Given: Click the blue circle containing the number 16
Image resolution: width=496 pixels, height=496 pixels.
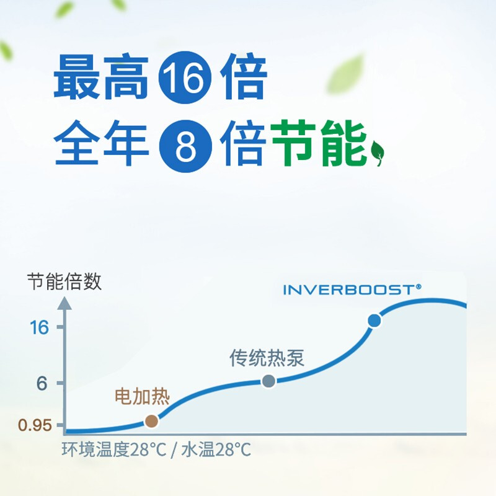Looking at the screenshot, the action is pos(185,77).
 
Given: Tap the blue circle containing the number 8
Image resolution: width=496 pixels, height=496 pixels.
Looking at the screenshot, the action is pos(185,146).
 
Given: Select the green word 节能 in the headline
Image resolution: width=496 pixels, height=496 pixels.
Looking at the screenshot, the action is pos(318,143).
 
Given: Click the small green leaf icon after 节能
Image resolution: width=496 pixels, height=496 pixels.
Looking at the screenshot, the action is pos(378,153).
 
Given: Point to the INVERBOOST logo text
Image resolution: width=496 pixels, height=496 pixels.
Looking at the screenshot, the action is pos(352,290).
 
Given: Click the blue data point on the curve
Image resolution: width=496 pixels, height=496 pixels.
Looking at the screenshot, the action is pos(374,321).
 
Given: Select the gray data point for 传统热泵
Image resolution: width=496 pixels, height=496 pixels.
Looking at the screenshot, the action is pos(269,381).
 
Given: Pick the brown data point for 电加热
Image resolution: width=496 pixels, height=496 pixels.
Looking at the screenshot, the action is pos(151,421).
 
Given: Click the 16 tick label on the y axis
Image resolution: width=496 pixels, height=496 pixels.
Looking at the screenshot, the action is pos(39,327).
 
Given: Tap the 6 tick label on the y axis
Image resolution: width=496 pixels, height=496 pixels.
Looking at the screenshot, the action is pos(42,384).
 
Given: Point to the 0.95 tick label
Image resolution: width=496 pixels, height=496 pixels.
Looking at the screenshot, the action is pos(35,425).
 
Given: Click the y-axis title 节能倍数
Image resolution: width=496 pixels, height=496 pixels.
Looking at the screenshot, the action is pos(64,281).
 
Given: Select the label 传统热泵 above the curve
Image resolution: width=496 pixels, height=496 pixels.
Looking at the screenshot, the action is pos(267,358).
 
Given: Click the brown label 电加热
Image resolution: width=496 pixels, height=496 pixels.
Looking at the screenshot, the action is pos(142,396).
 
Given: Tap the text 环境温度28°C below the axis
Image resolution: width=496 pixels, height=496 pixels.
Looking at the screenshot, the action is pos(114,449).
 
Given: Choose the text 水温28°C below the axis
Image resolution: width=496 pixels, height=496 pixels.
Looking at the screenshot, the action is pos(216,449).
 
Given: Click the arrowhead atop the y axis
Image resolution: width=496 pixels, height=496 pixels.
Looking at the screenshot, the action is pos(64,303).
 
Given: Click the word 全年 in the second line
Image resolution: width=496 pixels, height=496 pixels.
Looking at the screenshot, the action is pos(101,143).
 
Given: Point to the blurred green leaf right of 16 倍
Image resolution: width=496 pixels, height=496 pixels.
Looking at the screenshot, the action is pos(345,75).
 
